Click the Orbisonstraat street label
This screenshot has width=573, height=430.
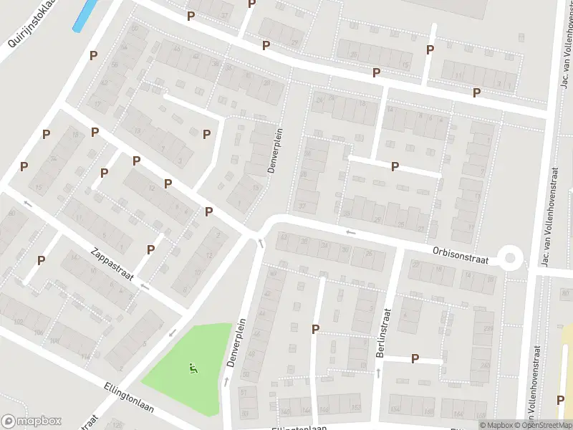pos(460,254)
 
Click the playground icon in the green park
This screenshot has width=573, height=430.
pos(193,369)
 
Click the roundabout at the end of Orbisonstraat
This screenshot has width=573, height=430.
pos(510,257)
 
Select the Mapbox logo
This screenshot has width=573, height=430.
pos(32,421)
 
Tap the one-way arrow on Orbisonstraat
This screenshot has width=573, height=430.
pos(351,232)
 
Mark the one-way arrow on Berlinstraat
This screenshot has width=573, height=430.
pos(377,373)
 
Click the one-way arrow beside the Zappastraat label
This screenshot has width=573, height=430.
pos(145,286)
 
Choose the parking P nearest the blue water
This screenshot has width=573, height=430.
pos(93,54)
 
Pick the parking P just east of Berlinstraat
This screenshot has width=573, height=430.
pos(415,358)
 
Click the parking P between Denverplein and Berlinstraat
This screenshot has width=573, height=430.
pos(315,329)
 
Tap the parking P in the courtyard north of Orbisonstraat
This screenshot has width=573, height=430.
pos(395,166)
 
